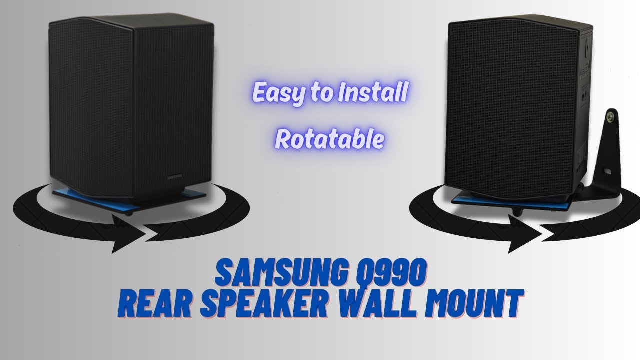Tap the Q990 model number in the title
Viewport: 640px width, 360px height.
[x=392, y=274]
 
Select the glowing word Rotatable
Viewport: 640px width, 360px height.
[x=330, y=140]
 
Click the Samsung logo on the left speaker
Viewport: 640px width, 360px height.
[x=174, y=175]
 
